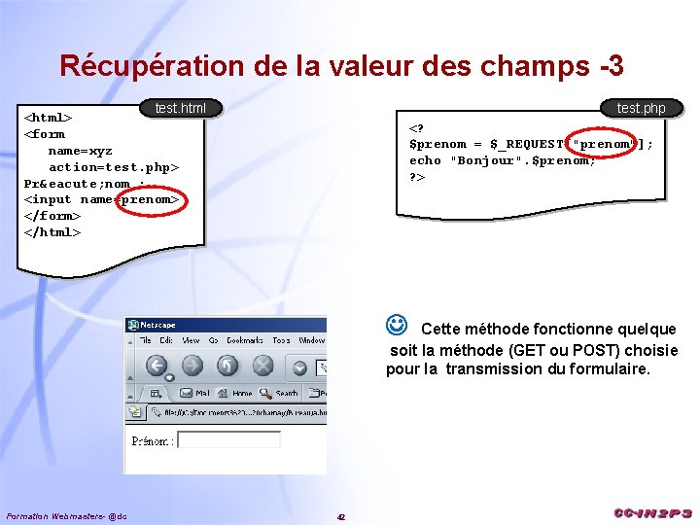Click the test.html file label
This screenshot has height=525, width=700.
(181, 108)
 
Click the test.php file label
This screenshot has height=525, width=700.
(642, 108)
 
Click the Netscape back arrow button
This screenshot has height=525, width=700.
(157, 366)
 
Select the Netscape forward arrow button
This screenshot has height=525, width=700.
(192, 366)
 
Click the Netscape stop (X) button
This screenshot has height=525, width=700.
(262, 366)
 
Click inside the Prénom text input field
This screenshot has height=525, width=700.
(229, 440)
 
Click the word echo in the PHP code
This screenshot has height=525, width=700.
(425, 160)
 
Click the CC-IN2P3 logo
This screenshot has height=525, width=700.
(652, 512)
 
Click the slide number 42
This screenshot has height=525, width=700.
(341, 516)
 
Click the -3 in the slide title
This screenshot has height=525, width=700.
(612, 66)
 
